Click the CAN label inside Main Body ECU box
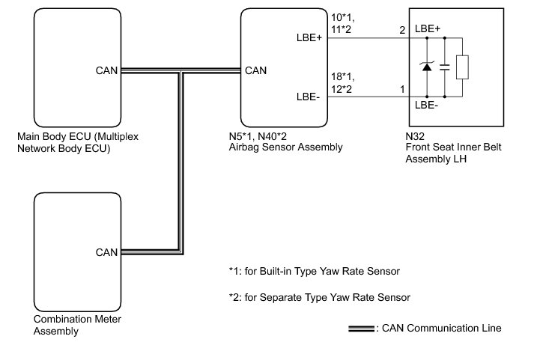(106, 71)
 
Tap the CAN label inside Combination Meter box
(106, 251)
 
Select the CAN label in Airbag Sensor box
(256, 71)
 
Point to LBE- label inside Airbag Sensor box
(309, 97)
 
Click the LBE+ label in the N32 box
(427, 28)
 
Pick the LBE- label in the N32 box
(426, 106)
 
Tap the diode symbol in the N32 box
(427, 67)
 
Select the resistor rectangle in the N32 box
(464, 67)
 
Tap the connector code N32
(410, 137)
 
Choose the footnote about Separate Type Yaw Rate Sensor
(320, 297)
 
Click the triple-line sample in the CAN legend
(362, 328)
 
